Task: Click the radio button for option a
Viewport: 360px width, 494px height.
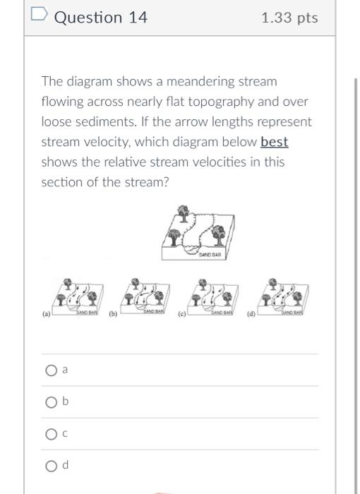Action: tap(50, 370)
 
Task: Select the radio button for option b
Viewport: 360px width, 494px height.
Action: tap(50, 402)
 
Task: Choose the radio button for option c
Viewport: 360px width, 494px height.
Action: tap(50, 434)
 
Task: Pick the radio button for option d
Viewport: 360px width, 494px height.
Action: tap(50, 466)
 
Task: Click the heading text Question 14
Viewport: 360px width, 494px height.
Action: tap(101, 18)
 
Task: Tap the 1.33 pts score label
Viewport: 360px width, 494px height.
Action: tap(289, 18)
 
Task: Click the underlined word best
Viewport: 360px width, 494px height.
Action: tap(275, 142)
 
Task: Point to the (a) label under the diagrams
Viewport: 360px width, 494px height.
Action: tap(47, 315)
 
